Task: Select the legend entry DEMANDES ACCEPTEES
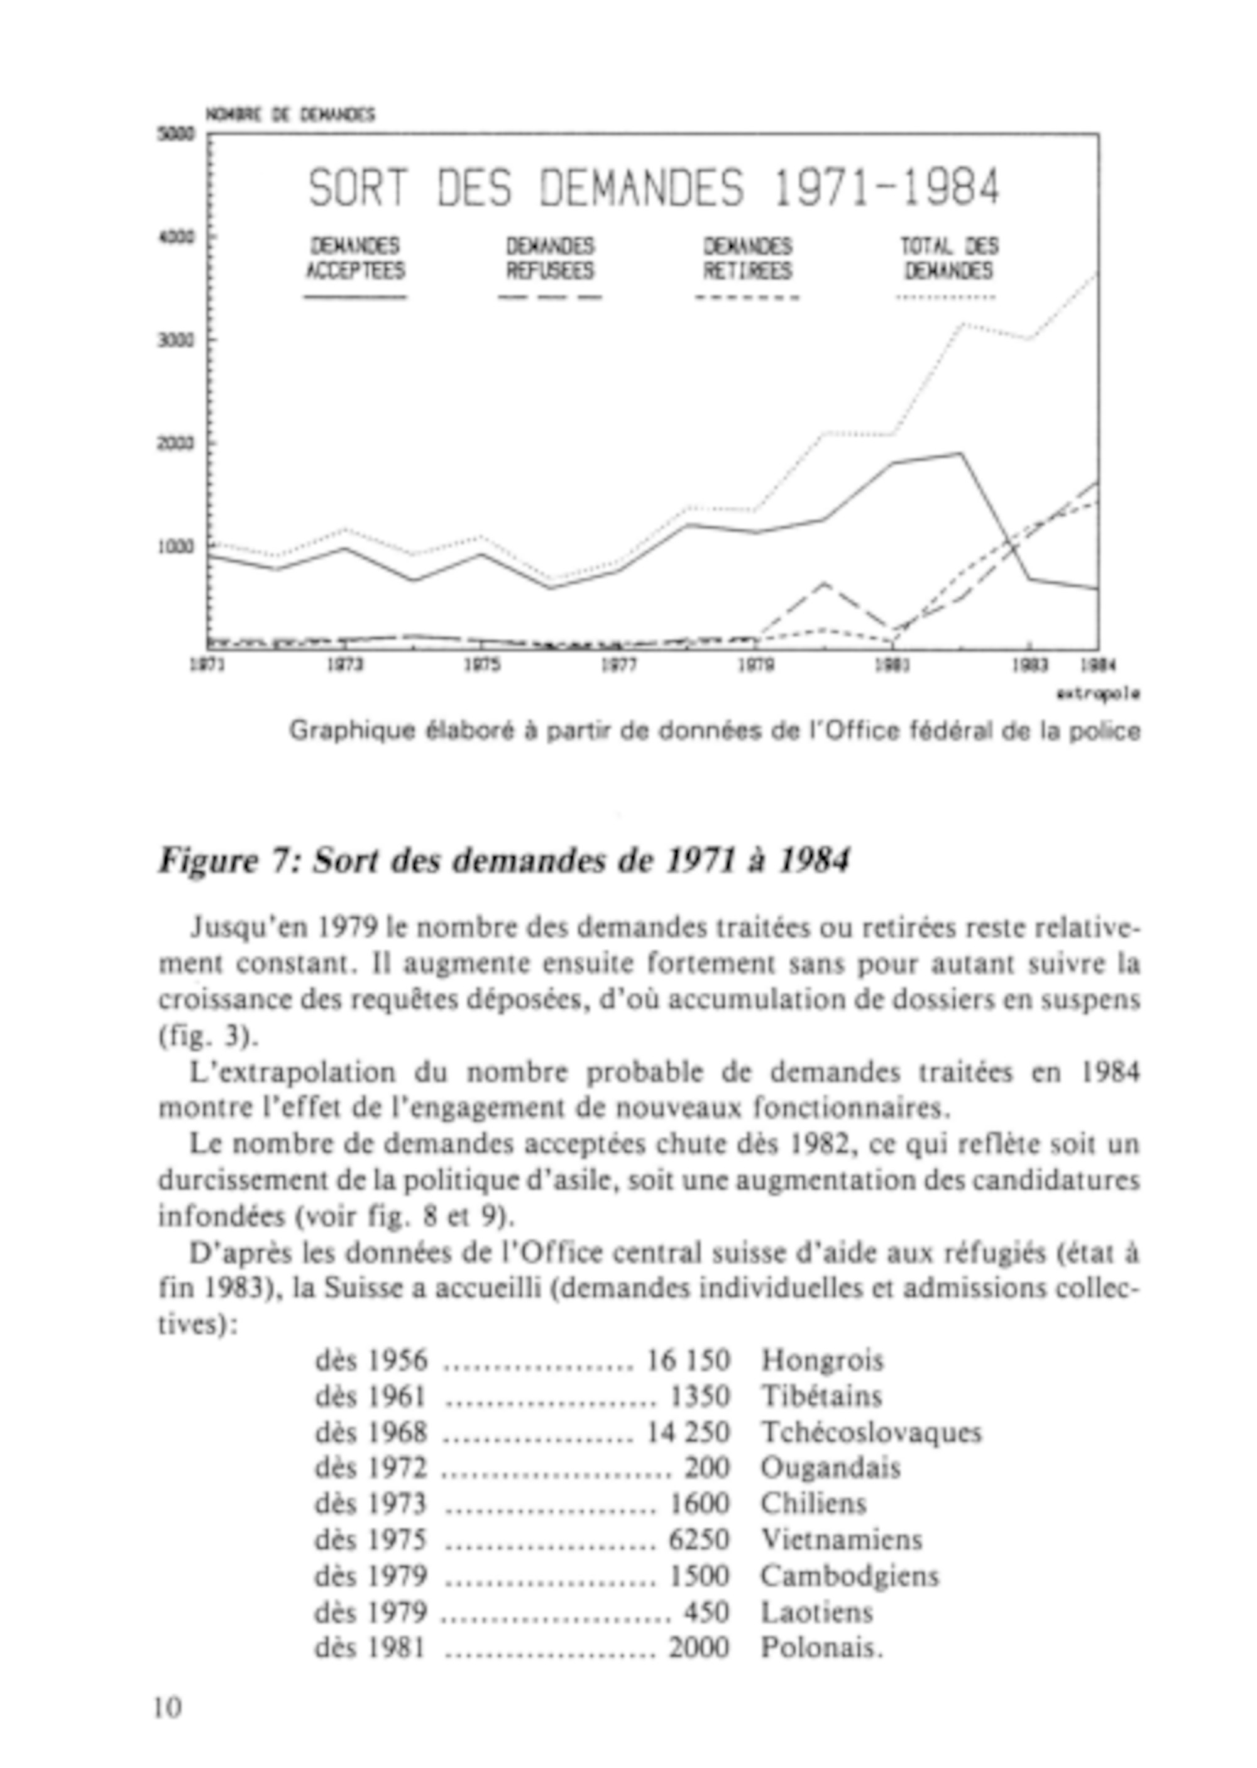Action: [355, 258]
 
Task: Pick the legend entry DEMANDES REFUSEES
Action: [551, 258]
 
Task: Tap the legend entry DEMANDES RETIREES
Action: [748, 258]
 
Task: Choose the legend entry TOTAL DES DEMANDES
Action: [948, 258]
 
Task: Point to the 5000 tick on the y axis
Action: [176, 134]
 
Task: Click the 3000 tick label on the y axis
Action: [176, 341]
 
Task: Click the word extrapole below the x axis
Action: [1097, 694]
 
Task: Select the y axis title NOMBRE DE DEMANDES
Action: [290, 114]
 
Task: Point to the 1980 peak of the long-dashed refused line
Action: [823, 583]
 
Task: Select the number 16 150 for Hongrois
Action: [688, 1360]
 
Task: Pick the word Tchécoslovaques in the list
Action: [870, 1432]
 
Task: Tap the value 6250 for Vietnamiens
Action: [699, 1539]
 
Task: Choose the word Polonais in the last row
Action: [820, 1647]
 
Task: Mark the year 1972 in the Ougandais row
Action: [395, 1467]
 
